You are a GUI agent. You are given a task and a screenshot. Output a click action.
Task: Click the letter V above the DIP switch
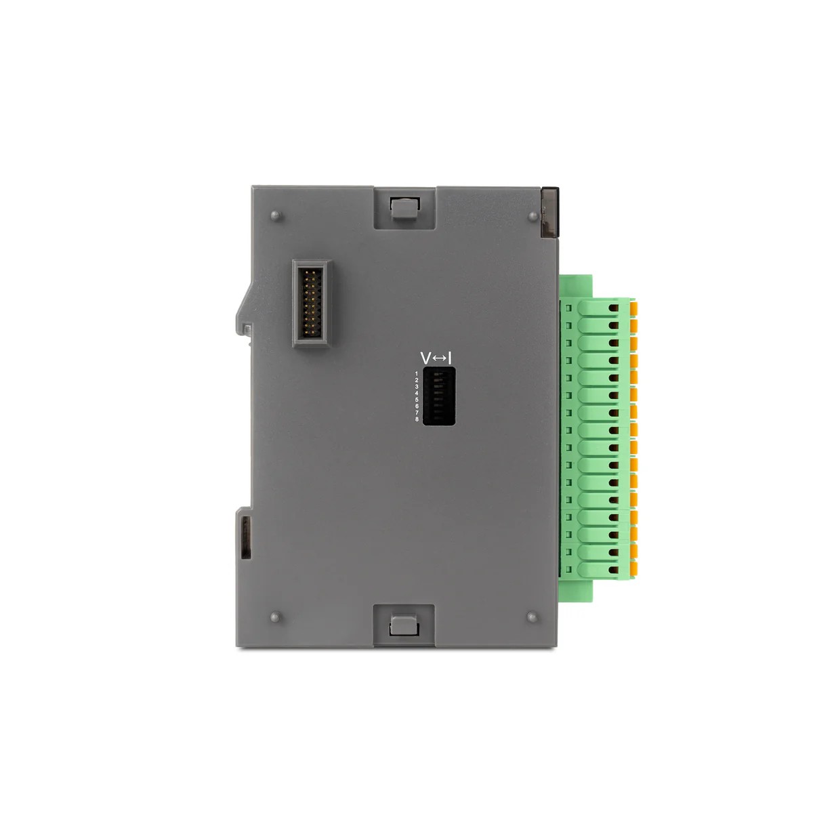[x=425, y=358]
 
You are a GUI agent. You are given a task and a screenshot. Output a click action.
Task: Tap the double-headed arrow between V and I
[x=438, y=358]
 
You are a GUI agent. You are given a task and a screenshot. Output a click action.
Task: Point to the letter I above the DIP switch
[x=450, y=358]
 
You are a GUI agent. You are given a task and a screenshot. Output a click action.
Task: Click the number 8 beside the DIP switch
[x=417, y=419]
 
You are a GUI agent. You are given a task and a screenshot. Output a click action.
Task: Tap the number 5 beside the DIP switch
[x=417, y=400]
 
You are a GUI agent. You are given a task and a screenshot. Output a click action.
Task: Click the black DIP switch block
[x=438, y=396]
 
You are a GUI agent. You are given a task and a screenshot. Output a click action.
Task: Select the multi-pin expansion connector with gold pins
[x=311, y=303]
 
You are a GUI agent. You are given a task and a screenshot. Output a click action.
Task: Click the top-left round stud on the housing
[x=275, y=215]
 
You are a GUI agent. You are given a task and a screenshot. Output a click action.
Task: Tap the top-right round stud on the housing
[x=533, y=215]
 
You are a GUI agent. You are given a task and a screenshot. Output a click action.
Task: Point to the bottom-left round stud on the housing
[x=275, y=617]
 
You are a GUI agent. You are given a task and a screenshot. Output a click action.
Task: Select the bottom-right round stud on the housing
[x=532, y=617]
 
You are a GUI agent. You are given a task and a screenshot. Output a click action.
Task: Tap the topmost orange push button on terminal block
[x=633, y=308]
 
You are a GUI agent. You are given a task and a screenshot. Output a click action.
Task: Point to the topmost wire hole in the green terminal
[x=613, y=308]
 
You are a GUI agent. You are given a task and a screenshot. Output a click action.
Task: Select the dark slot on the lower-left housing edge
[x=245, y=536]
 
